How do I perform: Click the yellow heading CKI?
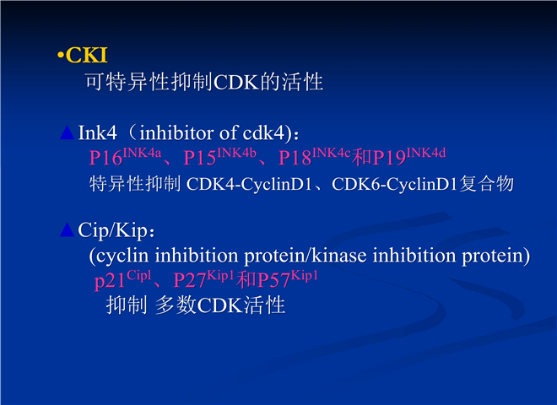click(86, 55)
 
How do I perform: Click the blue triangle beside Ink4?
click(68, 132)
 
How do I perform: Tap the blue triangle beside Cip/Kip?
click(68, 229)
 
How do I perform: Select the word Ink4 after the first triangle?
click(97, 132)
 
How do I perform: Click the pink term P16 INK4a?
click(126, 156)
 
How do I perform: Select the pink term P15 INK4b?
click(220, 156)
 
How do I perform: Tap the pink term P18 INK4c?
click(315, 156)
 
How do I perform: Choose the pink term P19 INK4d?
click(409, 156)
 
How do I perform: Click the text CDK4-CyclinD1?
click(249, 184)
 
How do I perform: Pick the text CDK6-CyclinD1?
click(394, 184)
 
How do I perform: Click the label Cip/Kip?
click(112, 230)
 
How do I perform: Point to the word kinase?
click(339, 256)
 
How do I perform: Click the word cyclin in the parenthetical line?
click(122, 256)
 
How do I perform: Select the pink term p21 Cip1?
click(123, 279)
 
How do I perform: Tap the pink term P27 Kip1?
click(203, 279)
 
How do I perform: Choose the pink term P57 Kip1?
click(288, 279)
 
